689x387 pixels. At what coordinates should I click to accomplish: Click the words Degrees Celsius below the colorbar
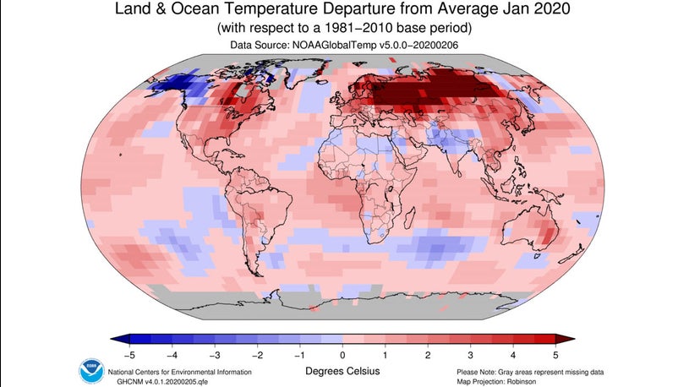point(343,371)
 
